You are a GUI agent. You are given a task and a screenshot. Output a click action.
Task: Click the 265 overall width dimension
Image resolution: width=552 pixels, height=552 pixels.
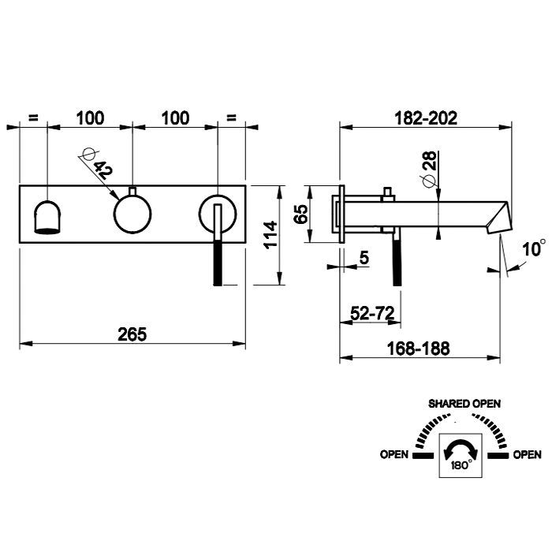point(132,334)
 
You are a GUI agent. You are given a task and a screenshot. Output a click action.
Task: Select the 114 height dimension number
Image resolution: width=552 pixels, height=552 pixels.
point(271,235)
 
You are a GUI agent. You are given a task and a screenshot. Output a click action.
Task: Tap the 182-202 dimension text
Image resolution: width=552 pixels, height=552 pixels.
point(426,118)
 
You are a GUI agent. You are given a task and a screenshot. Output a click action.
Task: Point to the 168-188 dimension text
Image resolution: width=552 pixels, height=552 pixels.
point(418,349)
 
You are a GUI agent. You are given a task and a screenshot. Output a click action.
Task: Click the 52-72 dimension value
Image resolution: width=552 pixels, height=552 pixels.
point(372,312)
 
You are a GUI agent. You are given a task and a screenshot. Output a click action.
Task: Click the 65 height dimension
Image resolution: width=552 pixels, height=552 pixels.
point(301,214)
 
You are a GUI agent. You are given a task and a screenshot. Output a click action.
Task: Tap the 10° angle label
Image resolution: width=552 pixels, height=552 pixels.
point(534,248)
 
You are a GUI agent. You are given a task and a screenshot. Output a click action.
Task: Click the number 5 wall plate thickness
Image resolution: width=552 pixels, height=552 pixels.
point(364,258)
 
